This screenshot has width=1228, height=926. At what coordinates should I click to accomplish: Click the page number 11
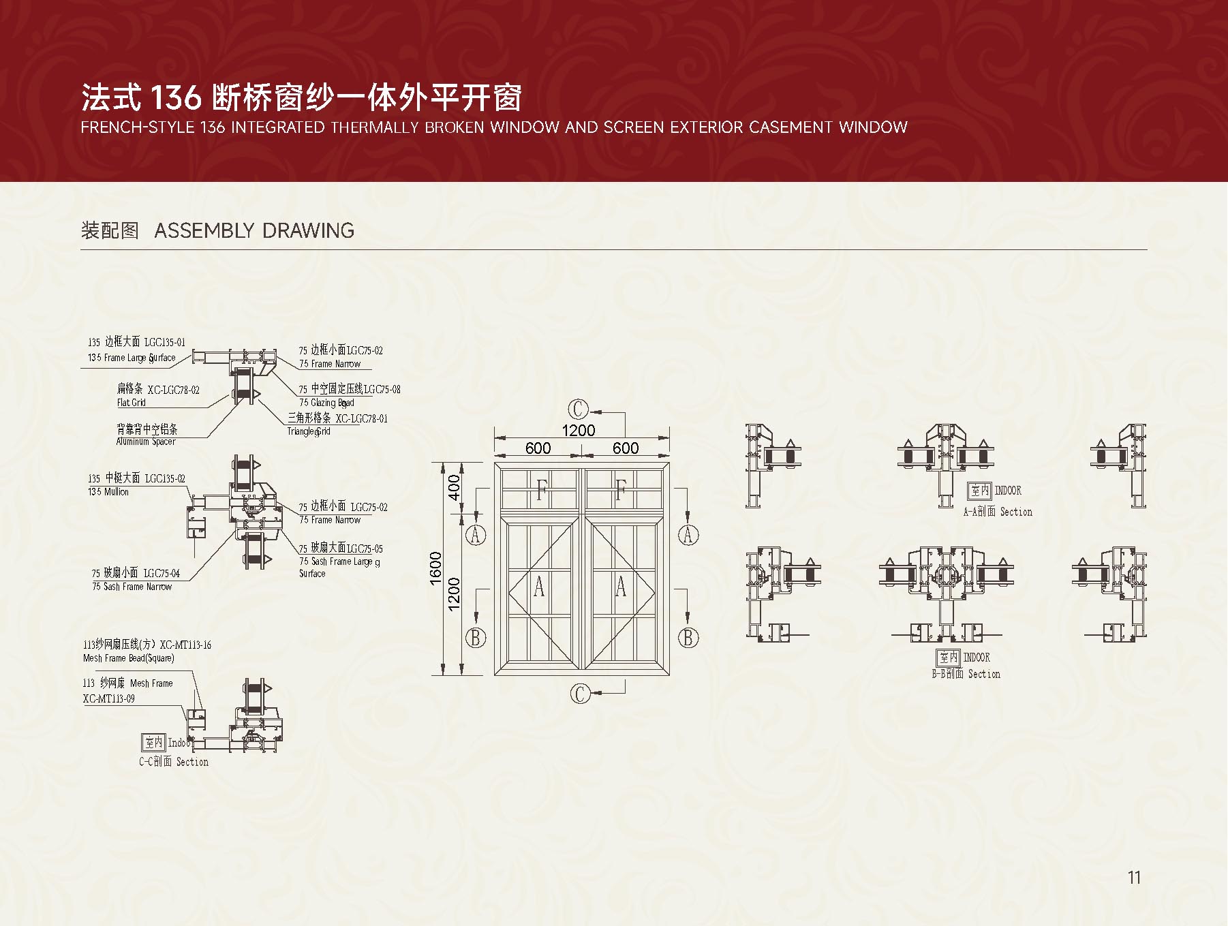click(x=1134, y=877)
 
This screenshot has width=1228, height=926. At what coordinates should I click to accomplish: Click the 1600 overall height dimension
click(x=436, y=568)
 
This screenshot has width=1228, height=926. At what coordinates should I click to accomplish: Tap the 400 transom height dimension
click(x=455, y=487)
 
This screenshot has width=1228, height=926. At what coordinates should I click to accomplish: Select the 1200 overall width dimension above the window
click(x=578, y=430)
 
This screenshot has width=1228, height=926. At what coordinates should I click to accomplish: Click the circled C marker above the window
click(x=577, y=409)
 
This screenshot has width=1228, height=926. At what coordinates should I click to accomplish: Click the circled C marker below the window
click(x=580, y=694)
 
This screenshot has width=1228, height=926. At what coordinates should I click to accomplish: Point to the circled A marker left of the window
click(x=476, y=535)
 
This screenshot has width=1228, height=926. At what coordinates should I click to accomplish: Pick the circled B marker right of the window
click(x=688, y=638)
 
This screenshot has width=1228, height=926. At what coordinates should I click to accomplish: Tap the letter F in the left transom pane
click(x=542, y=490)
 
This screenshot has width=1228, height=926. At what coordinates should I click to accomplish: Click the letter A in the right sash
click(x=620, y=586)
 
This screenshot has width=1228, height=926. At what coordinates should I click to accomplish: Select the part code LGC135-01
click(x=164, y=343)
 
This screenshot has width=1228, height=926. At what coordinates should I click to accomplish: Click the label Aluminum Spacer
click(x=146, y=442)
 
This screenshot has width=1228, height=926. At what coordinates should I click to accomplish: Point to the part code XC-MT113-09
click(x=108, y=698)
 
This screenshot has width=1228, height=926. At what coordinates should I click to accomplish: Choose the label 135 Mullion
click(x=108, y=491)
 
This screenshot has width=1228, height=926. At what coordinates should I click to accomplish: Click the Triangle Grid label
click(x=309, y=431)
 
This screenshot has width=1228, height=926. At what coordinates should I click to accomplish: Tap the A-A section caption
click(x=997, y=512)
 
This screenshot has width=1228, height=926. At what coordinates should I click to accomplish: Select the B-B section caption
click(x=966, y=674)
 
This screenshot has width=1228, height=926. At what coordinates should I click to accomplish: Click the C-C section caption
click(x=174, y=762)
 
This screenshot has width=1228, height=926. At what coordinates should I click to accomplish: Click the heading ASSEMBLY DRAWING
click(x=254, y=230)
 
